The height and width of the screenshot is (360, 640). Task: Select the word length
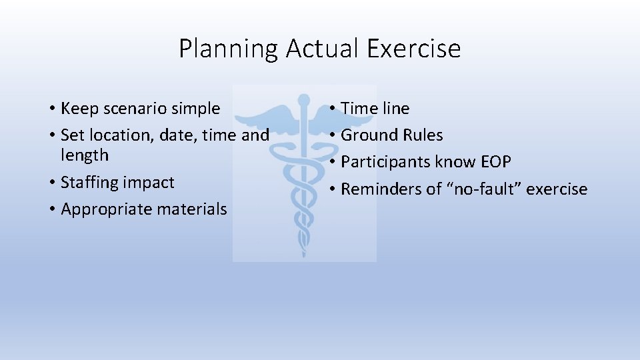pyautogui.click(x=85, y=155)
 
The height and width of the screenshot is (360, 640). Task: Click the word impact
pyautogui.click(x=150, y=183)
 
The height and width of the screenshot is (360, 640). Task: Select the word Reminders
pyautogui.click(x=382, y=189)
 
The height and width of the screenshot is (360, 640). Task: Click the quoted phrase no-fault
pyautogui.click(x=483, y=189)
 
